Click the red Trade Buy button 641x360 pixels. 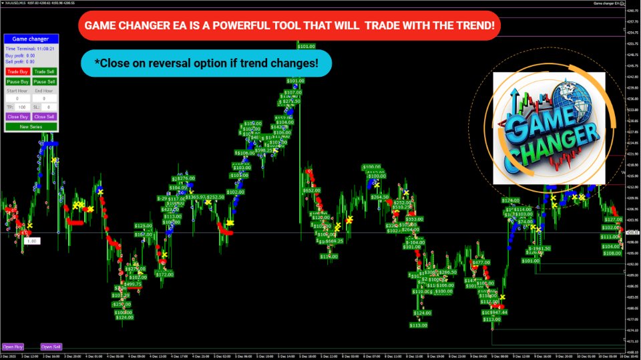click(17, 71)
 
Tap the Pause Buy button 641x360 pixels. click(17, 81)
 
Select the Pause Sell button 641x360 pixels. click(45, 81)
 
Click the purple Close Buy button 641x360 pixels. click(17, 116)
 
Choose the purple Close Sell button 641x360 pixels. click(45, 116)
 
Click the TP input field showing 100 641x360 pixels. click(21, 107)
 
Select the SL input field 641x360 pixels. click(49, 107)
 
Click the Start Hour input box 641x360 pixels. click(17, 98)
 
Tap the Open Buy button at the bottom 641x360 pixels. click(13, 347)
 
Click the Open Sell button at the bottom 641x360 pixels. click(51, 347)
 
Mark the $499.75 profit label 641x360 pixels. click(133, 284)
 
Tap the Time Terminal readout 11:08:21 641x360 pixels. click(45, 48)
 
